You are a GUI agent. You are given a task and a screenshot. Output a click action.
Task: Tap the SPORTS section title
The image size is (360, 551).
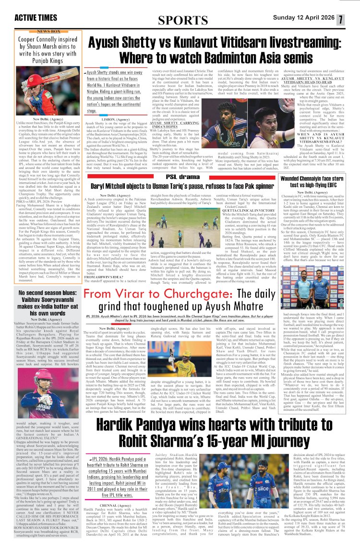pyautogui.click(x=180, y=20)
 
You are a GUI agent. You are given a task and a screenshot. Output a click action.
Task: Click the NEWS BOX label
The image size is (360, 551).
pyautogui.click(x=49, y=31)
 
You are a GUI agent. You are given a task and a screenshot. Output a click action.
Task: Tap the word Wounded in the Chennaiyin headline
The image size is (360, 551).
pyautogui.click(x=294, y=179)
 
